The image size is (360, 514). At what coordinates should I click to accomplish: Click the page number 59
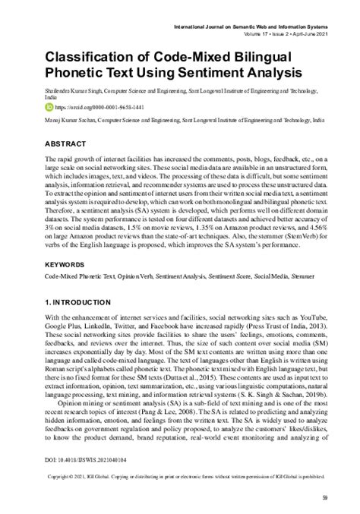point(324,497)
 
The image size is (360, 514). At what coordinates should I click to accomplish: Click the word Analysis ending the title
point(258,74)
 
